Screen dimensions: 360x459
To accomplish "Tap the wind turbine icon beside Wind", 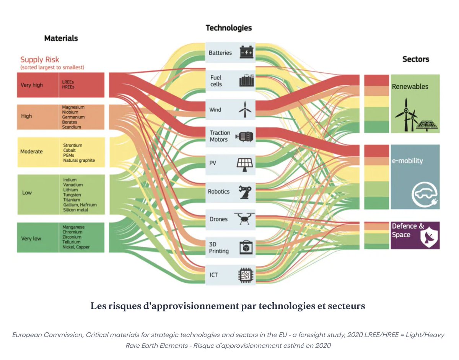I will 244,109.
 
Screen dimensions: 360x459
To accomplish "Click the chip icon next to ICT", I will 245,274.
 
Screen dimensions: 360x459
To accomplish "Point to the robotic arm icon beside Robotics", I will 244,191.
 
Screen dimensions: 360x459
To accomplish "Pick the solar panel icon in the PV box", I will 244,163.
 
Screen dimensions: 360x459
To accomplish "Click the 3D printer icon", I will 245,248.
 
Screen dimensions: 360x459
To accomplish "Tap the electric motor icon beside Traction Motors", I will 244,136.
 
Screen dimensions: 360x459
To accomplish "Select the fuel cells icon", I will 246,80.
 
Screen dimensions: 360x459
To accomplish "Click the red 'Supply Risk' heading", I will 40,59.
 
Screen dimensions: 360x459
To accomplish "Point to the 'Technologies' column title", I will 229,28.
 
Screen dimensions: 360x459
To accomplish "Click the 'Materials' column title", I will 61,38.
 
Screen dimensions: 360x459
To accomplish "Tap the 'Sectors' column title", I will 415,59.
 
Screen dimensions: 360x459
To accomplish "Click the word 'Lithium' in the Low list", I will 71,190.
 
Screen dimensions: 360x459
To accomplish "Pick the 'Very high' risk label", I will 32,85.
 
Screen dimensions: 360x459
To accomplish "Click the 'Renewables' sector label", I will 410,86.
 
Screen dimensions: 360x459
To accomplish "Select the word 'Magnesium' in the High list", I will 73,108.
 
